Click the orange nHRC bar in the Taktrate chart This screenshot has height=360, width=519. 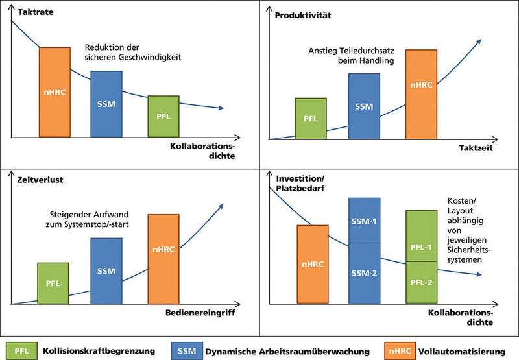[x=54, y=92]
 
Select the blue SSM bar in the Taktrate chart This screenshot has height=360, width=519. [x=106, y=104]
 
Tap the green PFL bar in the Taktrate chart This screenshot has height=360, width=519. [x=163, y=116]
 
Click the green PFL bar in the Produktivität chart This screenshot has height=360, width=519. [x=311, y=119]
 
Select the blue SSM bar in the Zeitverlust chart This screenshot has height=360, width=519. [x=106, y=270]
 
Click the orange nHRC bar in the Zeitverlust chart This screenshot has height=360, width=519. [x=163, y=258]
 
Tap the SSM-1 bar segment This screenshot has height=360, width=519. [x=365, y=221]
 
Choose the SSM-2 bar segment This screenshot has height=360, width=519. [x=365, y=273]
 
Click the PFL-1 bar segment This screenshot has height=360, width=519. [x=422, y=235]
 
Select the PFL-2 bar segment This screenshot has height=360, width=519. [x=422, y=282]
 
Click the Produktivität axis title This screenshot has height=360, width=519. [x=304, y=14]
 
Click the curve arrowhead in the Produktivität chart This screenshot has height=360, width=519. [x=479, y=41]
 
